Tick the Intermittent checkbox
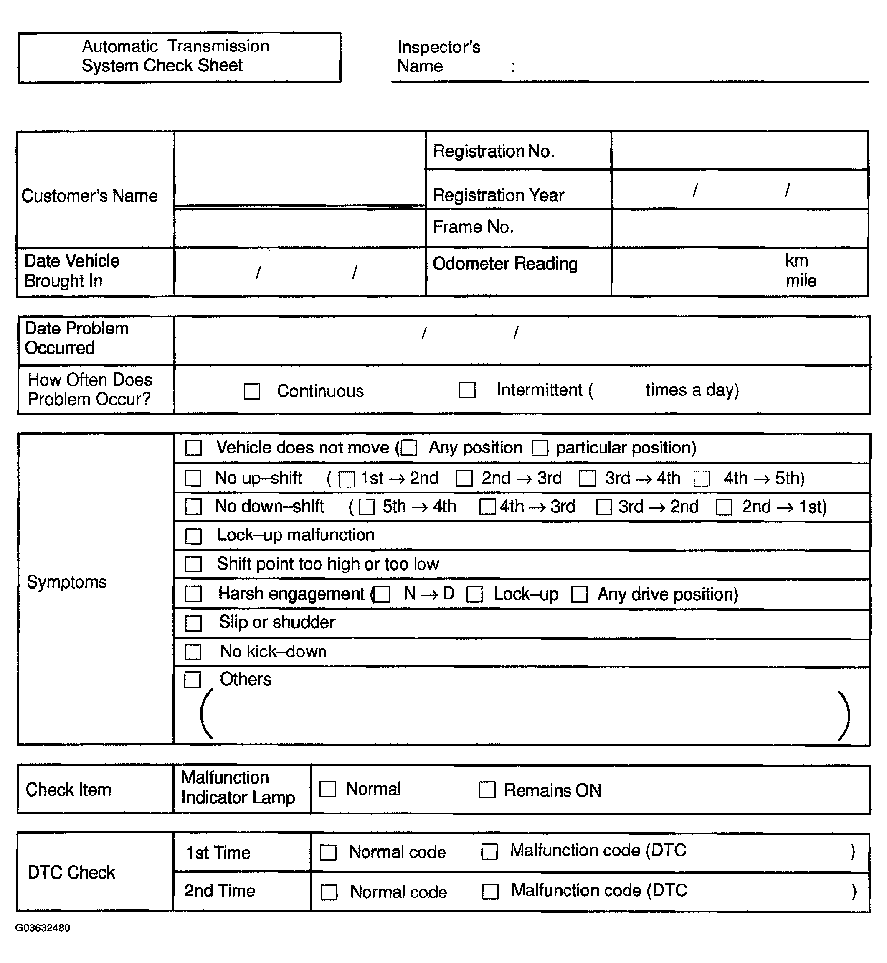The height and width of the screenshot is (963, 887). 467,390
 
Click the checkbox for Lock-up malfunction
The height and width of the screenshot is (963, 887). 193,535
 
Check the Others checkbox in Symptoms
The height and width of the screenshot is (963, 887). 193,680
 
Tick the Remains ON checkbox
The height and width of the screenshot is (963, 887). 487,790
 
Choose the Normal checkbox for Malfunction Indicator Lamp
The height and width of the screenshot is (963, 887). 328,789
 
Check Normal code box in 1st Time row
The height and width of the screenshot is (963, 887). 328,853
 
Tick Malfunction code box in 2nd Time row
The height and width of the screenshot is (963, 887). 491,892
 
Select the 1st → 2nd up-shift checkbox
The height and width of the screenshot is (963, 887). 347,479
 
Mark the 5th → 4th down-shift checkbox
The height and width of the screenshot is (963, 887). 367,507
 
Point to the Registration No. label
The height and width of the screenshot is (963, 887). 494,151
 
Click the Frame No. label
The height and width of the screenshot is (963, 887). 473,227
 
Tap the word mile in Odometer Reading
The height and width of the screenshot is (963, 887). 801,280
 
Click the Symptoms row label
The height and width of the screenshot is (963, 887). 67,582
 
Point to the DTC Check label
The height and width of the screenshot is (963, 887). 71,872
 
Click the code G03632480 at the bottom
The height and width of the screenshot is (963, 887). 43,928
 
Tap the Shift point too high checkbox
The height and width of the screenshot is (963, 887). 193,564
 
